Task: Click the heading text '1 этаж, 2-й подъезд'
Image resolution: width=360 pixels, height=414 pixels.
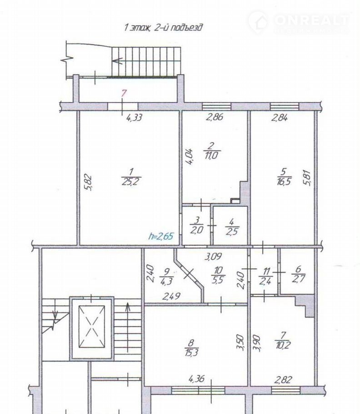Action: pyautogui.click(x=163, y=27)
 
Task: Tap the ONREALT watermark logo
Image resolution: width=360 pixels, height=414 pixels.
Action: pyautogui.click(x=299, y=23)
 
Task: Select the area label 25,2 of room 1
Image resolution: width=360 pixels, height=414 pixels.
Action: pyautogui.click(x=131, y=182)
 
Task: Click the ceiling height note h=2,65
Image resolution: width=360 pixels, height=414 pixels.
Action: pyautogui.click(x=161, y=236)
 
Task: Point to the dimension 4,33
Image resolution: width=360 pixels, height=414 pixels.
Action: pyautogui.click(x=135, y=117)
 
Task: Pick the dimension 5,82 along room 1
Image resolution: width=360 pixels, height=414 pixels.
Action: pyautogui.click(x=89, y=182)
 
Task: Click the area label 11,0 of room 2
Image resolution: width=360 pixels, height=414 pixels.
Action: pyautogui.click(x=211, y=155)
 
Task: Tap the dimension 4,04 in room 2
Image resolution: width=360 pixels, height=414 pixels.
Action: pyautogui.click(x=190, y=157)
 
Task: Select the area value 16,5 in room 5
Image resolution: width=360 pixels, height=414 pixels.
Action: pyautogui.click(x=284, y=182)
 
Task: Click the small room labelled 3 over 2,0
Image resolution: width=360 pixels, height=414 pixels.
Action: pyautogui.click(x=197, y=225)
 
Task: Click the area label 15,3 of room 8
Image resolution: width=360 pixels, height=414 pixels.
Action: pyautogui.click(x=192, y=352)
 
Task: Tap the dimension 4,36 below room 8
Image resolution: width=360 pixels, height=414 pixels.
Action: pyautogui.click(x=197, y=379)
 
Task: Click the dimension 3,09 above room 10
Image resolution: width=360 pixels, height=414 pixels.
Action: pyautogui.click(x=213, y=256)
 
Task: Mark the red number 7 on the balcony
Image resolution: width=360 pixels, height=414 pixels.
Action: pyautogui.click(x=124, y=93)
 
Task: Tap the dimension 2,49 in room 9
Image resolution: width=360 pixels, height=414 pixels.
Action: pyautogui.click(x=172, y=296)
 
